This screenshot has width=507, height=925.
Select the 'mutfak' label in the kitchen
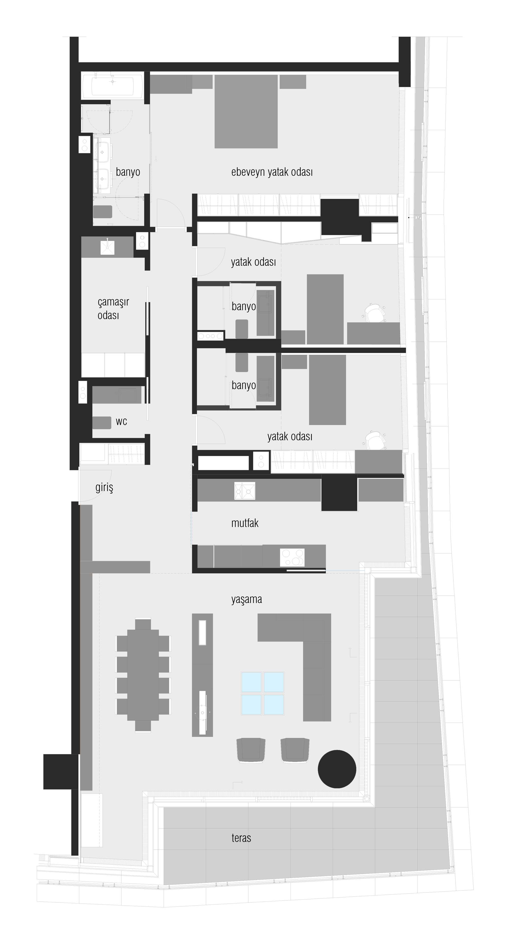pos(245,523)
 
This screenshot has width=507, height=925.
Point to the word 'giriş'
pos(104,488)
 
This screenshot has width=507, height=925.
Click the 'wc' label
pos(121,422)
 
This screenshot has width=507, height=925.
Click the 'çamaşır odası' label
pos(113,309)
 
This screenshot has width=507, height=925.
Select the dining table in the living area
pos(143,675)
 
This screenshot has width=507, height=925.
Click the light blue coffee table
pos(263,693)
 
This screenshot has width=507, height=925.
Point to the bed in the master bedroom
pos(246,111)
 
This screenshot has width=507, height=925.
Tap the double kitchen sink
pos(245,490)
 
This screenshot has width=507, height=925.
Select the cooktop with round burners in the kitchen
pos(292,558)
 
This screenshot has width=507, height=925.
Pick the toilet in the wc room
pos(102,423)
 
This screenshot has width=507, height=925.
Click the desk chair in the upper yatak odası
pos(375,313)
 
